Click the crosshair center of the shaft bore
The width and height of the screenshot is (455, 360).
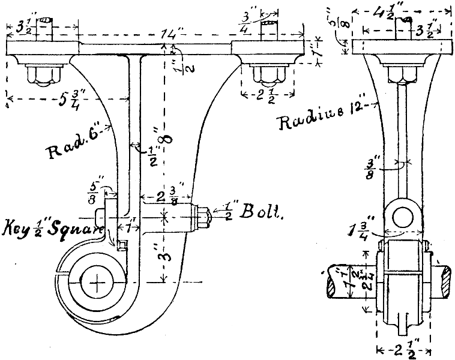tap(96, 281)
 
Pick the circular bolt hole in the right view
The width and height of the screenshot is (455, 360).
tap(403, 215)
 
